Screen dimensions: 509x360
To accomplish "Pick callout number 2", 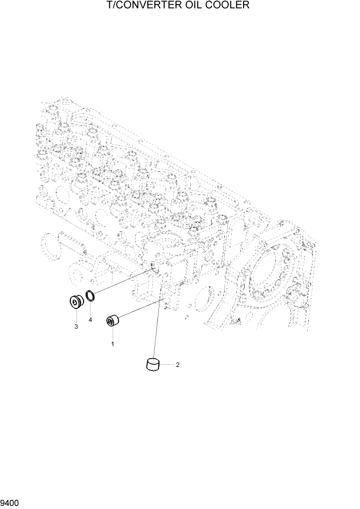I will pyautogui.click(x=177, y=365).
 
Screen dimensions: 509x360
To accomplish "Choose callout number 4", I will pyautogui.click(x=90, y=320).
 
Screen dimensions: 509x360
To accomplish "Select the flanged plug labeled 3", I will pyautogui.click(x=76, y=303).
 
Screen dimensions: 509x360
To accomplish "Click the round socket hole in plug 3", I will pyautogui.click(x=75, y=304).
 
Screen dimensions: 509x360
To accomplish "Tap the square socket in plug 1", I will pyautogui.click(x=110, y=322).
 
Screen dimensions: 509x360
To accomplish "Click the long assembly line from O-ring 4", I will pyautogui.click(x=123, y=281).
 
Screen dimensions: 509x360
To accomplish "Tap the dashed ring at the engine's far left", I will pyautogui.click(x=49, y=245).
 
